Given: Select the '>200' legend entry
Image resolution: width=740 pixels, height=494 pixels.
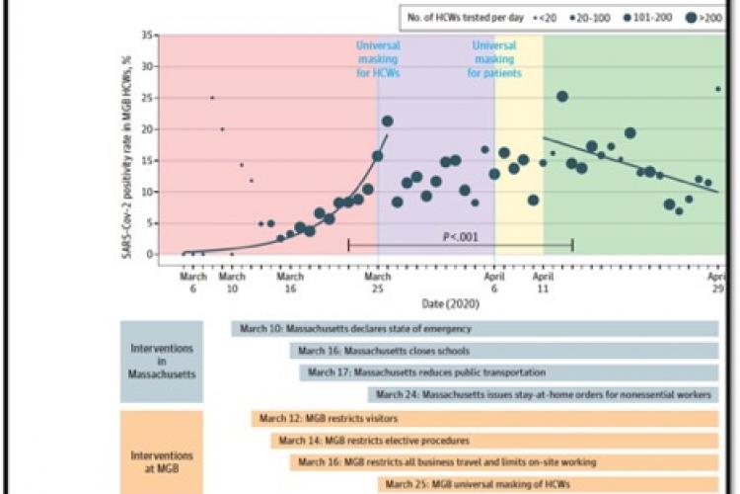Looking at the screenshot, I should coord(704,16).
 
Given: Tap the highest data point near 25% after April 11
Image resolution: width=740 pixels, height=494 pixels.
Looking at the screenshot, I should coord(562,96).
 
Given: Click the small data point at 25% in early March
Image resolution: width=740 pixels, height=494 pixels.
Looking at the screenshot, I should coord(212,98).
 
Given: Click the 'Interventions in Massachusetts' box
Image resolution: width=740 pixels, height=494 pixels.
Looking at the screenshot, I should coord(162,361).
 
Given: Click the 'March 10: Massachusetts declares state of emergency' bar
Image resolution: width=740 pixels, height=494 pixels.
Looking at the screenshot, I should coord(474,329).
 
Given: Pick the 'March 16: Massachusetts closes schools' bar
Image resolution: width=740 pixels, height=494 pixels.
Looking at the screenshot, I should coord(503,351).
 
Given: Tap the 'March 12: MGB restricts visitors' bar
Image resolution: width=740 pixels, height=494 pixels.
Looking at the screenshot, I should coord(483,419).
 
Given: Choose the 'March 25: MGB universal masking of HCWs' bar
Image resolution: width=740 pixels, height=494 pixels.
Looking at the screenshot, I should coord(548,484).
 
